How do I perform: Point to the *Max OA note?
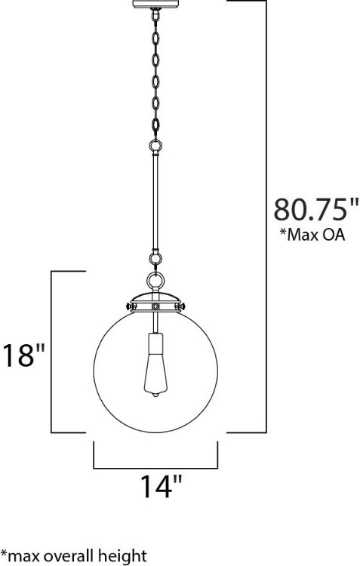[312, 235]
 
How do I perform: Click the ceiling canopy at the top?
[154, 5]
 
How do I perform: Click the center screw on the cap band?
[154, 307]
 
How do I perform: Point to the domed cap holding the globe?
[154, 299]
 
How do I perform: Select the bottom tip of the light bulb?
[155, 396]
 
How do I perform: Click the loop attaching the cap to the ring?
[154, 281]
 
